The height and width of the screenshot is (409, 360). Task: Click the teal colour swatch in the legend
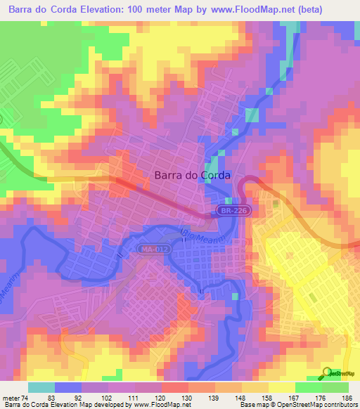41,387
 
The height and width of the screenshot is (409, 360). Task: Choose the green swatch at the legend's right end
335,387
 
